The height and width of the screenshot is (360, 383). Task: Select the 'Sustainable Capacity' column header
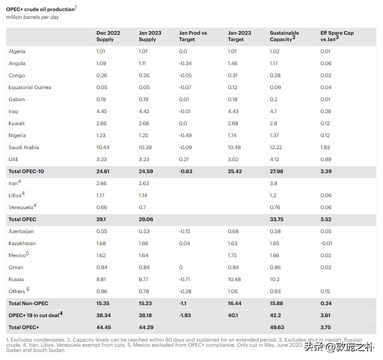click(x=284, y=36)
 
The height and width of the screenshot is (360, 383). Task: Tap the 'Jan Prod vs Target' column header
click(x=193, y=36)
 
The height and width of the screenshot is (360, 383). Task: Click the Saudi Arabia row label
click(x=24, y=147)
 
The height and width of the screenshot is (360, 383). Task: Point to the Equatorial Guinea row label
click(x=30, y=87)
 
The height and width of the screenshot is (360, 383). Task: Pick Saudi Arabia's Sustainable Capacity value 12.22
click(x=276, y=147)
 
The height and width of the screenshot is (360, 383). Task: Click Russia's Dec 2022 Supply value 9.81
click(x=102, y=279)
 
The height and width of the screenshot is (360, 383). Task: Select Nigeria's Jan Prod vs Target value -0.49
click(x=186, y=135)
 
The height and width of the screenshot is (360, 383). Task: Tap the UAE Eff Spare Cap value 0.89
click(x=326, y=159)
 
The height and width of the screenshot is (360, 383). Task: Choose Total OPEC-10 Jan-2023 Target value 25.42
click(x=235, y=171)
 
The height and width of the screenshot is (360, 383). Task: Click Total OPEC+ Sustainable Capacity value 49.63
click(x=277, y=327)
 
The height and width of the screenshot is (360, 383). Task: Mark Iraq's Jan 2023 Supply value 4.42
click(x=144, y=111)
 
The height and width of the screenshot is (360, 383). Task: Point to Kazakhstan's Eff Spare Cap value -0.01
click(x=326, y=243)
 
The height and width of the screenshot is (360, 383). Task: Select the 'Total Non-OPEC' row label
click(x=28, y=303)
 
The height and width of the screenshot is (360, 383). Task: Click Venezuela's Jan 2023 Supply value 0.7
click(x=142, y=207)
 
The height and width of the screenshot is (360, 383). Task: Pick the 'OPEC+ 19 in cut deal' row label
click(x=35, y=315)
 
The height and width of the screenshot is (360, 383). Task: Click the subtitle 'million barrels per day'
click(x=33, y=17)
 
